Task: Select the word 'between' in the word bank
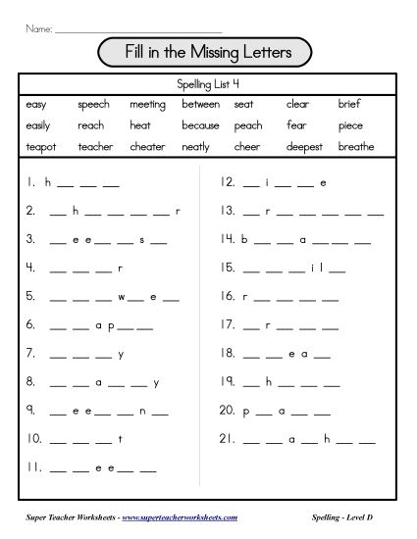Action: (200, 104)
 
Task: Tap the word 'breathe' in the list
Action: (356, 146)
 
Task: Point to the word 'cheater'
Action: (147, 146)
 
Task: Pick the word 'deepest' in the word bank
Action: (304, 146)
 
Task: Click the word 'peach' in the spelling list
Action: (248, 125)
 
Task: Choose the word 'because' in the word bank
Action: (200, 125)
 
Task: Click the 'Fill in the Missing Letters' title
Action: (207, 51)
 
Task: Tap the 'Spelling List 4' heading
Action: (208, 82)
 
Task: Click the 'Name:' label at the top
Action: (38, 30)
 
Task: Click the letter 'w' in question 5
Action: (124, 296)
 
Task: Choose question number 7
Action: (31, 354)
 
